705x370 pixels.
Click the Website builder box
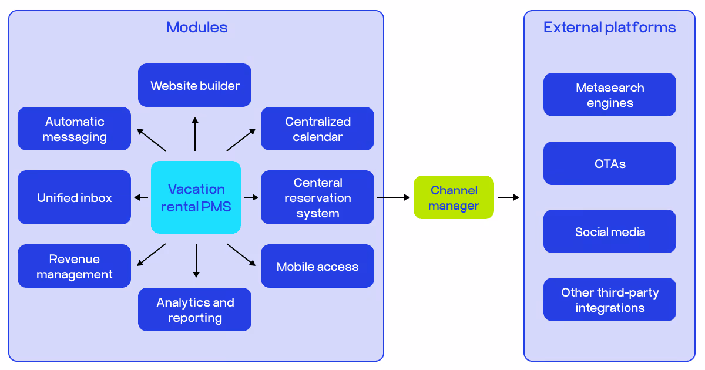click(x=194, y=85)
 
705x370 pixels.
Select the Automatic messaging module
click(x=74, y=129)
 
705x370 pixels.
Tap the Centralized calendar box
click(x=317, y=129)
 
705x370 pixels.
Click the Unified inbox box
click(x=74, y=197)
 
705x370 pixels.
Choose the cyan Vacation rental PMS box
click(x=196, y=197)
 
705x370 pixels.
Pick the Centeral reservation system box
click(x=317, y=197)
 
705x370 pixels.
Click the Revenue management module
click(x=74, y=266)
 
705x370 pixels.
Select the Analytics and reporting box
click(x=194, y=310)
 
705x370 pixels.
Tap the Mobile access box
click(x=317, y=266)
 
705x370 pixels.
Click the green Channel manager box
click(x=454, y=197)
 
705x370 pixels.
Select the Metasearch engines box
click(x=609, y=95)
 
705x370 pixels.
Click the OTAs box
click(x=609, y=163)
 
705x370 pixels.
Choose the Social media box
click(x=609, y=231)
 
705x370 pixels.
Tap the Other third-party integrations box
click(x=609, y=300)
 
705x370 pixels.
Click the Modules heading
click(x=197, y=27)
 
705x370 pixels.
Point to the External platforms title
click(x=609, y=27)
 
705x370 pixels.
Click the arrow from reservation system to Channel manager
click(x=393, y=197)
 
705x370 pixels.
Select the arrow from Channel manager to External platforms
click(x=509, y=197)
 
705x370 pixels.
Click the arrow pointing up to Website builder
click(x=195, y=134)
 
